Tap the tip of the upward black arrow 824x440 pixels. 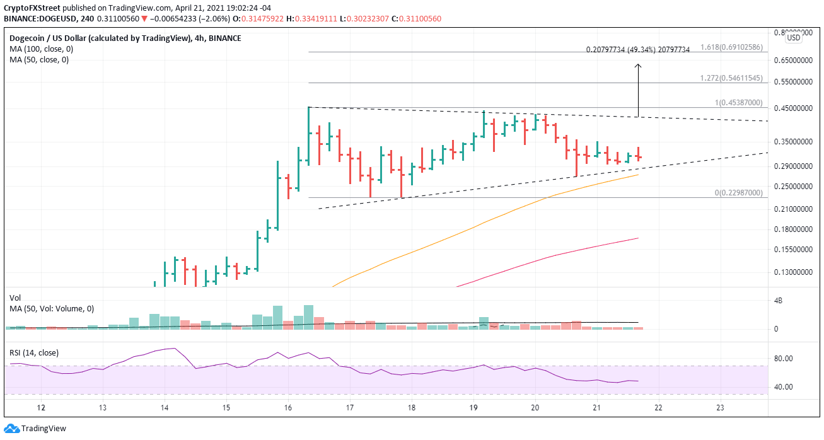[638, 63]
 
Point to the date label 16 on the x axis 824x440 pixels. [287, 408]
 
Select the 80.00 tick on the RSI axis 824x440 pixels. [783, 359]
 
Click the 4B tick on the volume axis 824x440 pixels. [779, 301]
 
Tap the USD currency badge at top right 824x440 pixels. [793, 38]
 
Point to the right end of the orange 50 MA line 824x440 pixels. [638, 175]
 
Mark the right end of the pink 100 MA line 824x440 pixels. [638, 238]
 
